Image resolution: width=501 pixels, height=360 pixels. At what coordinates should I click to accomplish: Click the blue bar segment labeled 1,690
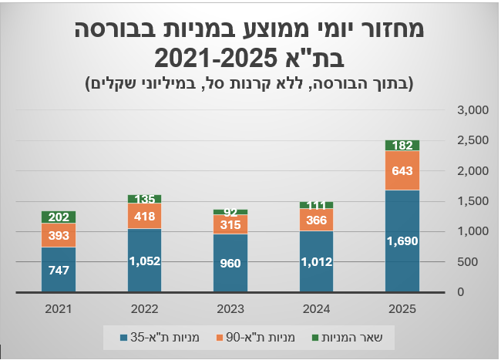pyautogui.click(x=402, y=241)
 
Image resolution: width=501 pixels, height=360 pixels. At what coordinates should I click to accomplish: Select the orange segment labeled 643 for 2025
pyautogui.click(x=402, y=170)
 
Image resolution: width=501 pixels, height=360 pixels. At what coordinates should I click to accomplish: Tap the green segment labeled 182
pyautogui.click(x=402, y=145)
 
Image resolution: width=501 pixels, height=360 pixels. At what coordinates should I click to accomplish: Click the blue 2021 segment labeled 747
pyautogui.click(x=59, y=269)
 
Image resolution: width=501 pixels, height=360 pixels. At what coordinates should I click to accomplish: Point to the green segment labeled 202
pyautogui.click(x=59, y=217)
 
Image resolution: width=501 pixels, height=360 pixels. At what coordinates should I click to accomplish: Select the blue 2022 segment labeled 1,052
pyautogui.click(x=144, y=260)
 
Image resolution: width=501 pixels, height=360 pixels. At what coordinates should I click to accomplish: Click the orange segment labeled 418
pyautogui.click(x=144, y=216)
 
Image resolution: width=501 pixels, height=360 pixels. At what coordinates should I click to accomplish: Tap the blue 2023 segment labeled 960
pyautogui.click(x=230, y=263)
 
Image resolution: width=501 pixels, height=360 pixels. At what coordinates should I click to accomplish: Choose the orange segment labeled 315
pyautogui.click(x=230, y=224)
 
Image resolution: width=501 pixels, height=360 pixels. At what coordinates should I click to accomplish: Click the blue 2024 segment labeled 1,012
pyautogui.click(x=316, y=261)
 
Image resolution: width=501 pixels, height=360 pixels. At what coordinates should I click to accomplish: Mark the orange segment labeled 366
pyautogui.click(x=316, y=220)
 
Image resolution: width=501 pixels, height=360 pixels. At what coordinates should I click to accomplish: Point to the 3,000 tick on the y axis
pyautogui.click(x=472, y=110)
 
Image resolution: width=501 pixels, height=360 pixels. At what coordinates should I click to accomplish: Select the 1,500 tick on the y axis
pyautogui.click(x=472, y=201)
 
